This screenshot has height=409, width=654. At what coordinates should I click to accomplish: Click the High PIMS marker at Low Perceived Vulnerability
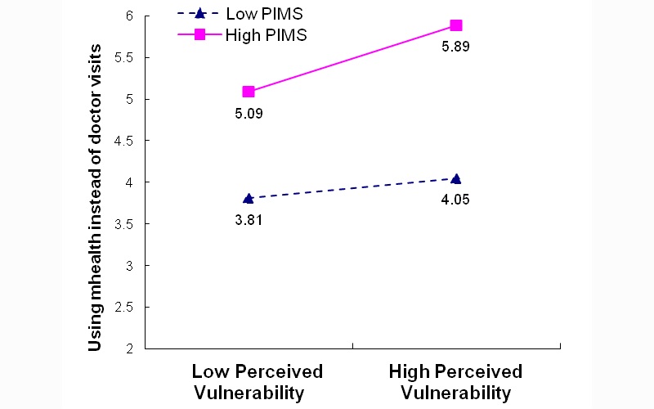tap(249, 92)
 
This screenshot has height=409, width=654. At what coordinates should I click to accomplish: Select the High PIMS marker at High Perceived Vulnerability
tap(455, 25)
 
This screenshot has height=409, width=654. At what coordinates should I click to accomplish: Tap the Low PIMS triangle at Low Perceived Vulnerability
tap(249, 198)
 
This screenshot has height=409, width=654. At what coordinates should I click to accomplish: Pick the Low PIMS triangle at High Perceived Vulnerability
tap(455, 178)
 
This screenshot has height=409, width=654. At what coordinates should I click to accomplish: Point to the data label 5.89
tap(455, 47)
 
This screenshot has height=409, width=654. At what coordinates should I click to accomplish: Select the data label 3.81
tap(249, 219)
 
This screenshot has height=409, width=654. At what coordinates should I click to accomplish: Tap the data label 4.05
tap(455, 199)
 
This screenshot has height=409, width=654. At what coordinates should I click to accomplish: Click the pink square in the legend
tap(198, 34)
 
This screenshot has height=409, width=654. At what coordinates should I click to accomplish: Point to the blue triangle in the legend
tap(198, 13)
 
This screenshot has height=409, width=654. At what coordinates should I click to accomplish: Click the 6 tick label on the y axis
tap(129, 16)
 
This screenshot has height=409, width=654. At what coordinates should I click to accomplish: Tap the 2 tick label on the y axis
tap(129, 348)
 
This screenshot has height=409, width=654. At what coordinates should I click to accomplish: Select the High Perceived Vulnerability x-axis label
tap(455, 382)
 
